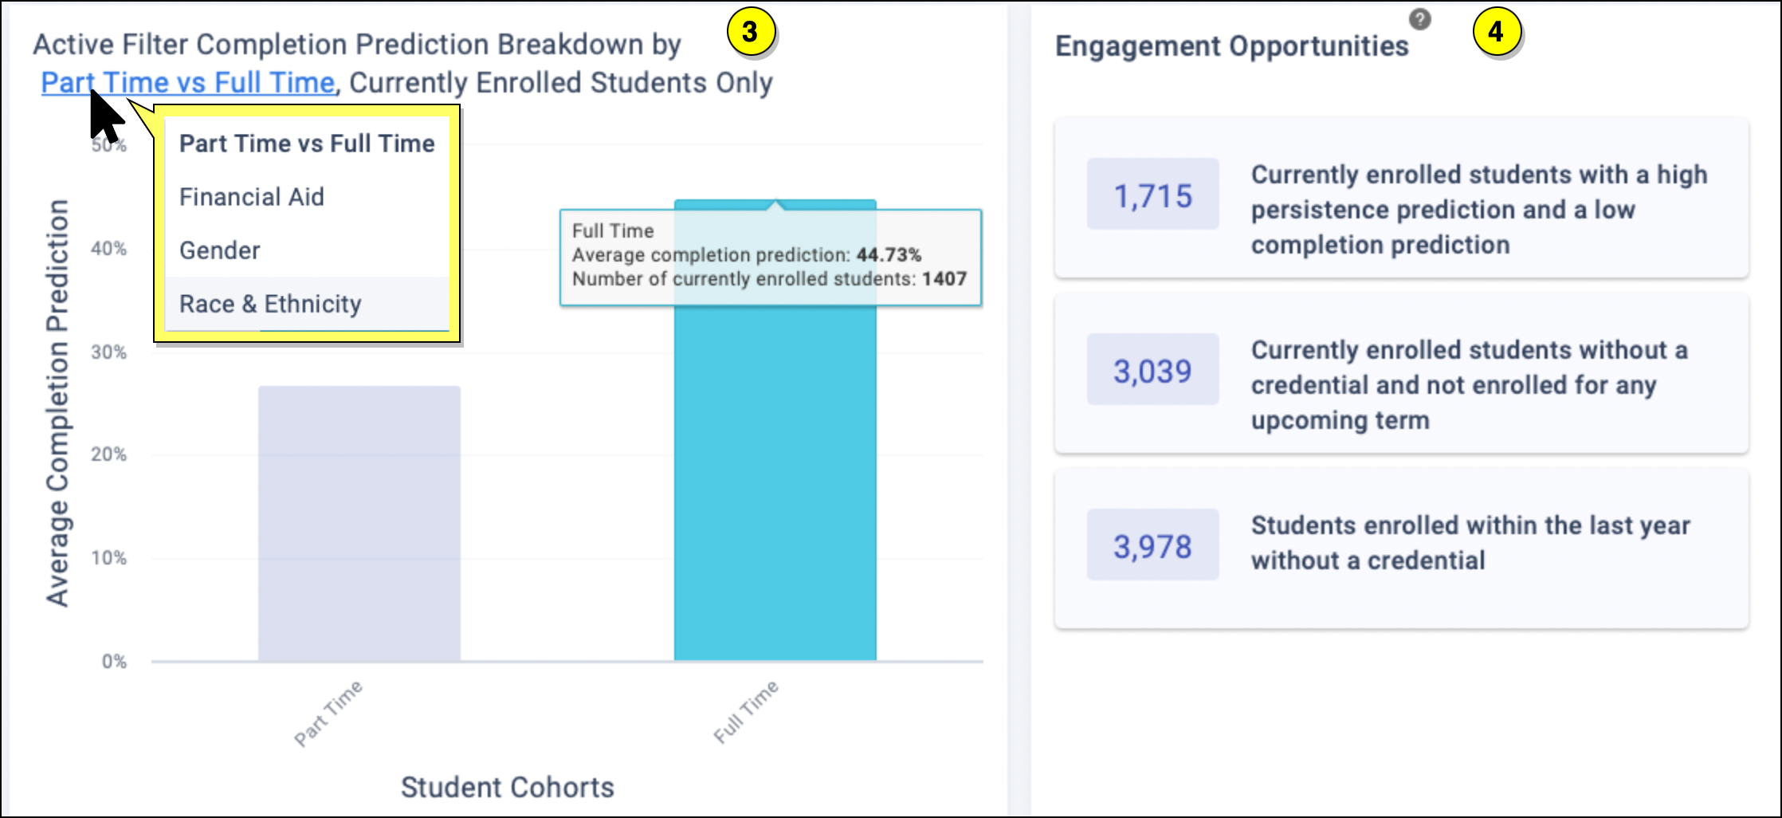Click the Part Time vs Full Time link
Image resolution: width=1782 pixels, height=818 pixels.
[x=188, y=83]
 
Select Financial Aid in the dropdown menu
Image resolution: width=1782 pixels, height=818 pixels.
[x=252, y=197]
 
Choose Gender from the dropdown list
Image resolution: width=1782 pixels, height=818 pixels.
[x=220, y=250]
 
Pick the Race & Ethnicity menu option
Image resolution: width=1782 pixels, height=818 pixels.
[x=270, y=304]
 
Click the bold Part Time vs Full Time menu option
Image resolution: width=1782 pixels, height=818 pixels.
[x=307, y=144]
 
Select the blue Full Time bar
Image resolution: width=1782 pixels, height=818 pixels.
[x=775, y=478]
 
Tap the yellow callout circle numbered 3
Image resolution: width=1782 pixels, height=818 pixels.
[x=749, y=32]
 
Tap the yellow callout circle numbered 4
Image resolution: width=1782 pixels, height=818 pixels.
[x=1496, y=32]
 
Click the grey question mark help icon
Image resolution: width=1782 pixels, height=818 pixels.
[x=1419, y=19]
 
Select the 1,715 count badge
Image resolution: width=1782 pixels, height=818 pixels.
[x=1152, y=195]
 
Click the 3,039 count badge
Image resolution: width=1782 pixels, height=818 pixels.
[x=1152, y=371]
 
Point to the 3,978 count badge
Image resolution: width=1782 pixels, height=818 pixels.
[x=1152, y=546]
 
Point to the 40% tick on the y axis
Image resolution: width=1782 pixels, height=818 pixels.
[x=109, y=249]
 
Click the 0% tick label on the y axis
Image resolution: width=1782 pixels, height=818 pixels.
[x=114, y=662]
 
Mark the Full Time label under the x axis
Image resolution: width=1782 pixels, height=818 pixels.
[x=746, y=711]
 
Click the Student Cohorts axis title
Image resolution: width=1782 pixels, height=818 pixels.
[x=507, y=787]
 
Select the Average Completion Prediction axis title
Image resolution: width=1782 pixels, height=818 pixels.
[x=57, y=403]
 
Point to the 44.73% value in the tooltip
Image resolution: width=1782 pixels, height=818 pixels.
[x=889, y=255]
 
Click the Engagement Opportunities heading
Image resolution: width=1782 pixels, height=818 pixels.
[x=1232, y=46]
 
